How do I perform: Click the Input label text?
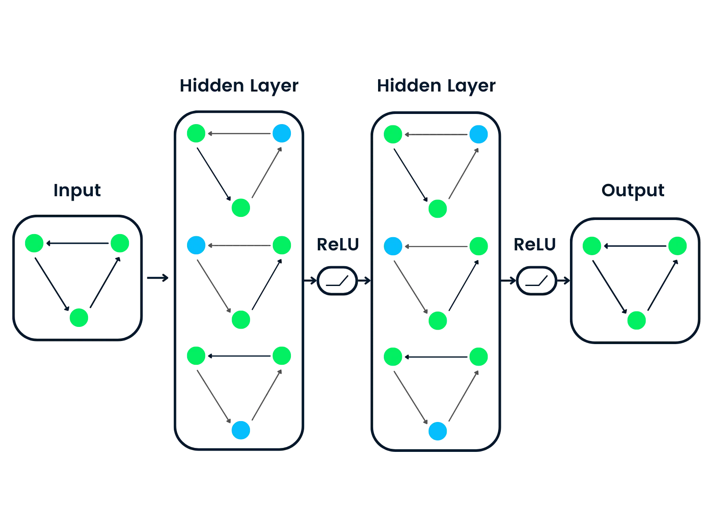77,191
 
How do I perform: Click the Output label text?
632,191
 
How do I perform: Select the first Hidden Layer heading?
239,85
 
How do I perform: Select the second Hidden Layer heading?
436,85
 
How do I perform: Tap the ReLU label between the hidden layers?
338,245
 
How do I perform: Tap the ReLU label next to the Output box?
535,245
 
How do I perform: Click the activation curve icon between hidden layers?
337,280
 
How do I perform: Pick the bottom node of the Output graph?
636,320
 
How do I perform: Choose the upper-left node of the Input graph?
35,243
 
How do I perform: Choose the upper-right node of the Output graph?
677,246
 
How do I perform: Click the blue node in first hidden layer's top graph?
282,133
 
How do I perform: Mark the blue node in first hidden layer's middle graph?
196,246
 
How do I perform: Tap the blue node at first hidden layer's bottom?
241,430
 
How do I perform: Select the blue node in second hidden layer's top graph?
479,134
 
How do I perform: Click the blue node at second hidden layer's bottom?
437,431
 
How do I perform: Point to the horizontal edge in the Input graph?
77,243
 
